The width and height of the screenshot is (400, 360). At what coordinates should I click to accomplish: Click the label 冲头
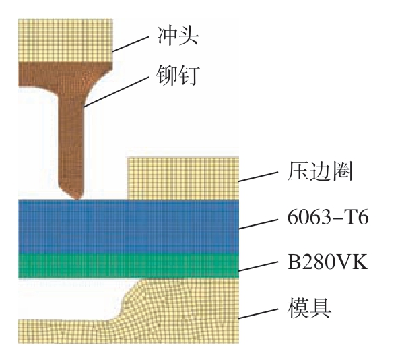click(178, 36)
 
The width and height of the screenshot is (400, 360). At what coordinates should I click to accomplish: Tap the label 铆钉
click(178, 75)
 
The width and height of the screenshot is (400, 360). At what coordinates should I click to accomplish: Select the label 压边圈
click(320, 171)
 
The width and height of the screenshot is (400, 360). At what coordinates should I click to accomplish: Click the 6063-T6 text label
click(328, 218)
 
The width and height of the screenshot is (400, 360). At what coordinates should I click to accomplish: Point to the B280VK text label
click(328, 261)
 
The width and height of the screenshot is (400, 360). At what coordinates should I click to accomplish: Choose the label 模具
click(309, 307)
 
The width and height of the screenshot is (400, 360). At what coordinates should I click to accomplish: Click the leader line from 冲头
click(131, 44)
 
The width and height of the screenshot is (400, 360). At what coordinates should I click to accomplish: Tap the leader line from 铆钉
click(116, 91)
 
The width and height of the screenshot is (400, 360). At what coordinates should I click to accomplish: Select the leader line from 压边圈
click(258, 177)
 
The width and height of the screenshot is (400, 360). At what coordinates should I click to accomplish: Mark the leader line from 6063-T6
click(258, 224)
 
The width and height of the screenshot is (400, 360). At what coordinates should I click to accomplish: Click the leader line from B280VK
click(258, 266)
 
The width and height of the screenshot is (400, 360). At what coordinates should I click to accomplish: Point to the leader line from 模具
click(258, 313)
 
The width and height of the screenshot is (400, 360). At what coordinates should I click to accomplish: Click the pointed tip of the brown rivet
click(77, 199)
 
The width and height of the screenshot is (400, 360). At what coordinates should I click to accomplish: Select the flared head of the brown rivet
click(65, 77)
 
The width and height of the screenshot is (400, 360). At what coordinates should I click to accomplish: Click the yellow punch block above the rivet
click(65, 40)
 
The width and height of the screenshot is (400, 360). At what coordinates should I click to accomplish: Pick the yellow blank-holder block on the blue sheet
click(182, 178)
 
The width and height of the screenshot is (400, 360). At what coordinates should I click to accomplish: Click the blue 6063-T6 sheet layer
click(128, 227)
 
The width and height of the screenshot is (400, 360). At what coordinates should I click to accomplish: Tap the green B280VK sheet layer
click(128, 266)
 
